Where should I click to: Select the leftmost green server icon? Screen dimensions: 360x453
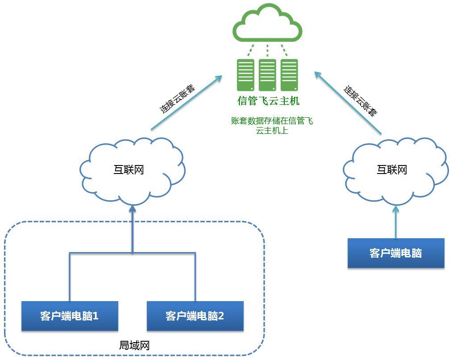click(245, 75)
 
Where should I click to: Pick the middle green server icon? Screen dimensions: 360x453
click(267, 75)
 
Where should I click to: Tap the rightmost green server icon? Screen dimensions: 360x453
click(289, 75)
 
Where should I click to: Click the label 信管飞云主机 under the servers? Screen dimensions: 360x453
click(268, 101)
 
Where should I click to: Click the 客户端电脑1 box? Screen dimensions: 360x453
click(70, 316)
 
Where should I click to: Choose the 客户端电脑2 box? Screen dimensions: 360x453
click(195, 316)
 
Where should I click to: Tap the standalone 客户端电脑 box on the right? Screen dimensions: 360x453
click(396, 253)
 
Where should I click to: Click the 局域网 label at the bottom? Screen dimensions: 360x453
click(134, 345)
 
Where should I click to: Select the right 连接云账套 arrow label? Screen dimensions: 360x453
click(360, 100)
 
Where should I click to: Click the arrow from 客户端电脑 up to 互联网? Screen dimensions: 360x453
click(395, 222)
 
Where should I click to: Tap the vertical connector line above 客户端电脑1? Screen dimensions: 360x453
click(70, 277)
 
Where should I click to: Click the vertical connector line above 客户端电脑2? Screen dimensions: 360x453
click(195, 277)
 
